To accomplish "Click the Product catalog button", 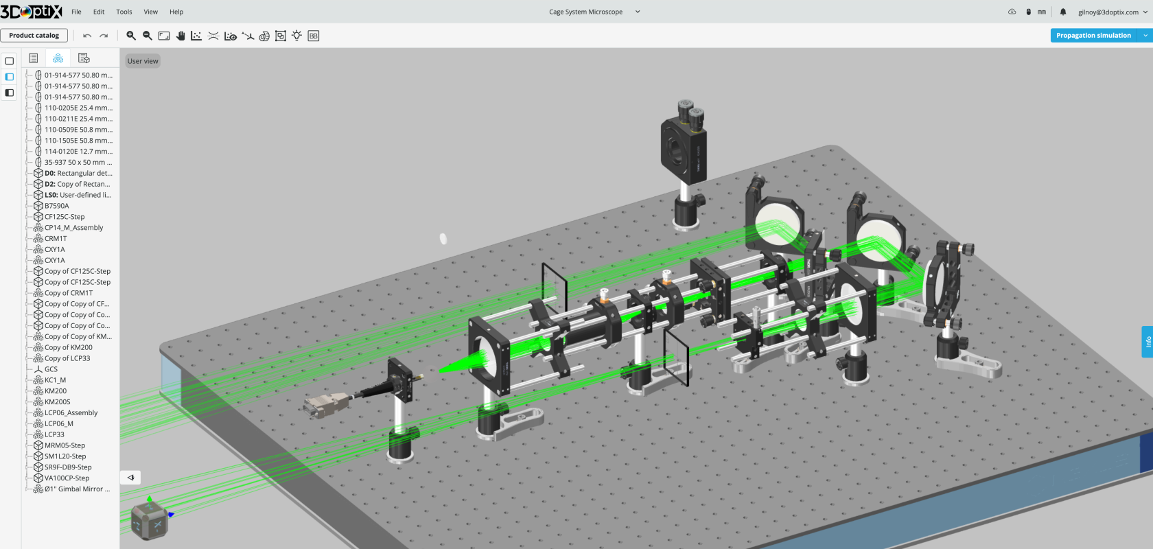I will (x=34, y=36).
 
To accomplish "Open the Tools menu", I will (x=124, y=12).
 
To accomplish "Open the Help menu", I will (x=176, y=12).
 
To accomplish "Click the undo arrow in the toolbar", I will (x=87, y=36).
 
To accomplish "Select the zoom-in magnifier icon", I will (x=131, y=36).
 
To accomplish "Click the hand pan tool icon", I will (x=180, y=36).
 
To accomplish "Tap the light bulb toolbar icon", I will (x=296, y=36).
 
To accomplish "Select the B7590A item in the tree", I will (x=56, y=206).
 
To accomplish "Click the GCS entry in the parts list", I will (x=51, y=369).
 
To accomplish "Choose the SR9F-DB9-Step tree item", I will (x=68, y=467).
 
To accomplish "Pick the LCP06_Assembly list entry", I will (x=71, y=413).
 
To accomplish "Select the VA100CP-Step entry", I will (x=67, y=478).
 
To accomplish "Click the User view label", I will (x=143, y=61).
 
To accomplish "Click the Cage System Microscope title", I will (x=585, y=12).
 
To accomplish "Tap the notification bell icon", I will (x=1063, y=12).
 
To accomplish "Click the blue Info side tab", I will (x=1148, y=342).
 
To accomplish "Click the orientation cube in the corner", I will (x=149, y=520).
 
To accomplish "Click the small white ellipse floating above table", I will (x=443, y=239).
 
